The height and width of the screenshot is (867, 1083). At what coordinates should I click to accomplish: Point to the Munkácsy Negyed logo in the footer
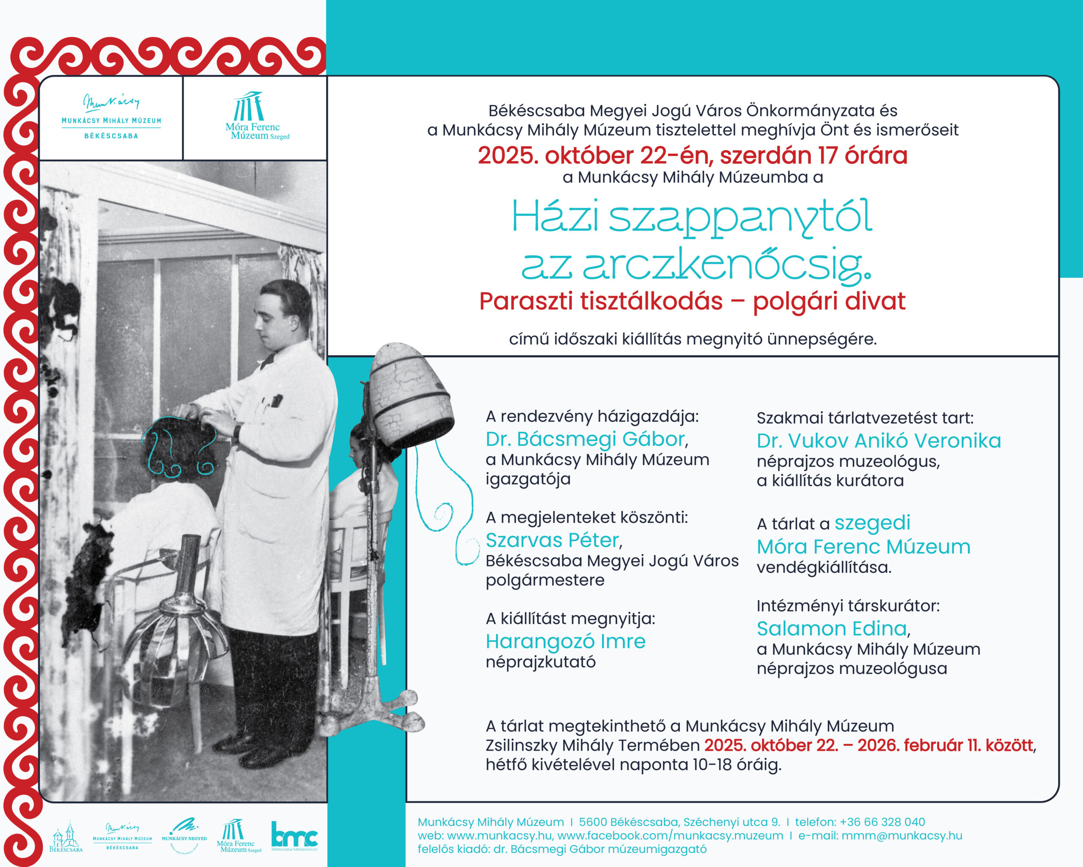pos(184,835)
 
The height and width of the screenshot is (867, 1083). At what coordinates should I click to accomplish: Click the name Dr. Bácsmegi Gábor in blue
pos(585,439)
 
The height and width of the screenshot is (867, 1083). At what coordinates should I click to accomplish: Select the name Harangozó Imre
pos(566,641)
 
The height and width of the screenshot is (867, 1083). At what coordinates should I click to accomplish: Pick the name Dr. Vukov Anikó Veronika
pos(879,441)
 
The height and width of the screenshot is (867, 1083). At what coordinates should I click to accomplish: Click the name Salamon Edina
pos(832,629)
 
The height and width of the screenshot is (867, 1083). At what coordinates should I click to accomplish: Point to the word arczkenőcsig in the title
pos(726,265)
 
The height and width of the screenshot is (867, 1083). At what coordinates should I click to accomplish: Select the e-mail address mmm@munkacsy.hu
pos(902,836)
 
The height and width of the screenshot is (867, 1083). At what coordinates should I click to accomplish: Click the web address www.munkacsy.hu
pos(499,836)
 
